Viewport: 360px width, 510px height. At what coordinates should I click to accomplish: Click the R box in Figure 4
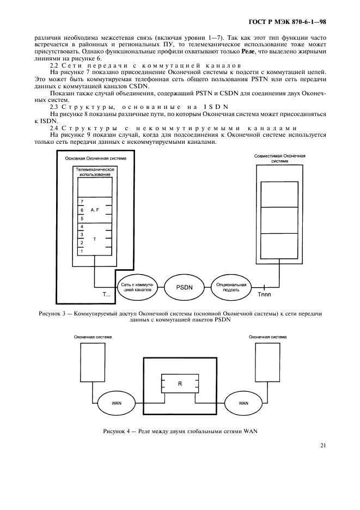pyautogui.click(x=180, y=384)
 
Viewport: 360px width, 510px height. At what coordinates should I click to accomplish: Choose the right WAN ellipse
pyautogui.click(x=243, y=404)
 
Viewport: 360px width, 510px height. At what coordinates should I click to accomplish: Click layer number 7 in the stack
pyautogui.click(x=82, y=201)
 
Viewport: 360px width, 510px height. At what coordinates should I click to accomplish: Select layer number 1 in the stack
pyautogui.click(x=82, y=251)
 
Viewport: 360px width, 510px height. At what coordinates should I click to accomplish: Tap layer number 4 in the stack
pyautogui.click(x=82, y=226)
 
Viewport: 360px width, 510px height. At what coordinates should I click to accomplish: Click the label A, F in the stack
pyautogui.click(x=95, y=210)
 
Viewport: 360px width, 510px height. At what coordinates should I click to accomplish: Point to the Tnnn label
pyautogui.click(x=264, y=295)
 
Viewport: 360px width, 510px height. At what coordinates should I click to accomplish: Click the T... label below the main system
pyautogui.click(x=107, y=295)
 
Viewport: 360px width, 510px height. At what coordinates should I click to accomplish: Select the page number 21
pyautogui.click(x=323, y=446)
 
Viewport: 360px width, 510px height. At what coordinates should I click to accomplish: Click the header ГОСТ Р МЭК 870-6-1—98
pyautogui.click(x=295, y=22)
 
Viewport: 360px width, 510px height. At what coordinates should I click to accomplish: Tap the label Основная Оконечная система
pyautogui.click(x=95, y=159)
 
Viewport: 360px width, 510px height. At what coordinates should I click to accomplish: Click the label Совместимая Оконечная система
pyautogui.click(x=280, y=158)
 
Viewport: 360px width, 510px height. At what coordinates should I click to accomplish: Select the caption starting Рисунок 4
pyautogui.click(x=180, y=432)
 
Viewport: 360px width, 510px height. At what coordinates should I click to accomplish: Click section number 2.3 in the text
pyautogui.click(x=55, y=107)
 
